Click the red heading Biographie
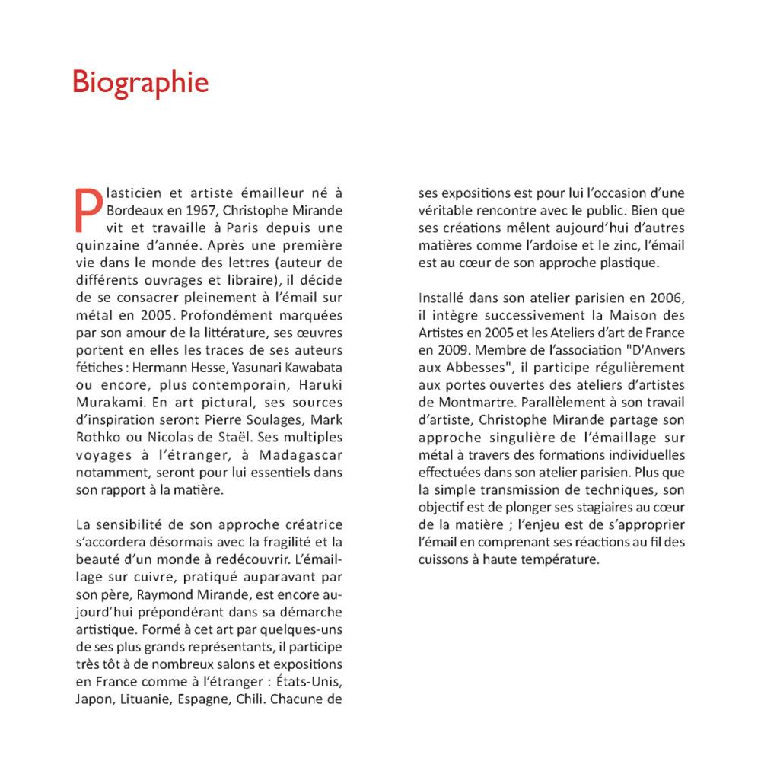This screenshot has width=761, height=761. click(140, 82)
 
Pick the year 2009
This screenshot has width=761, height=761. click(444, 351)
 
